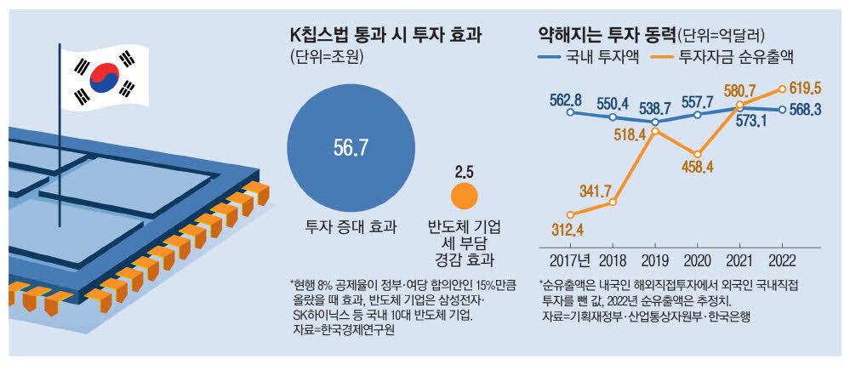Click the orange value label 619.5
(x=804, y=88)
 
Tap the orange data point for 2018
(x=613, y=202)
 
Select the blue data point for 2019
(x=655, y=122)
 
